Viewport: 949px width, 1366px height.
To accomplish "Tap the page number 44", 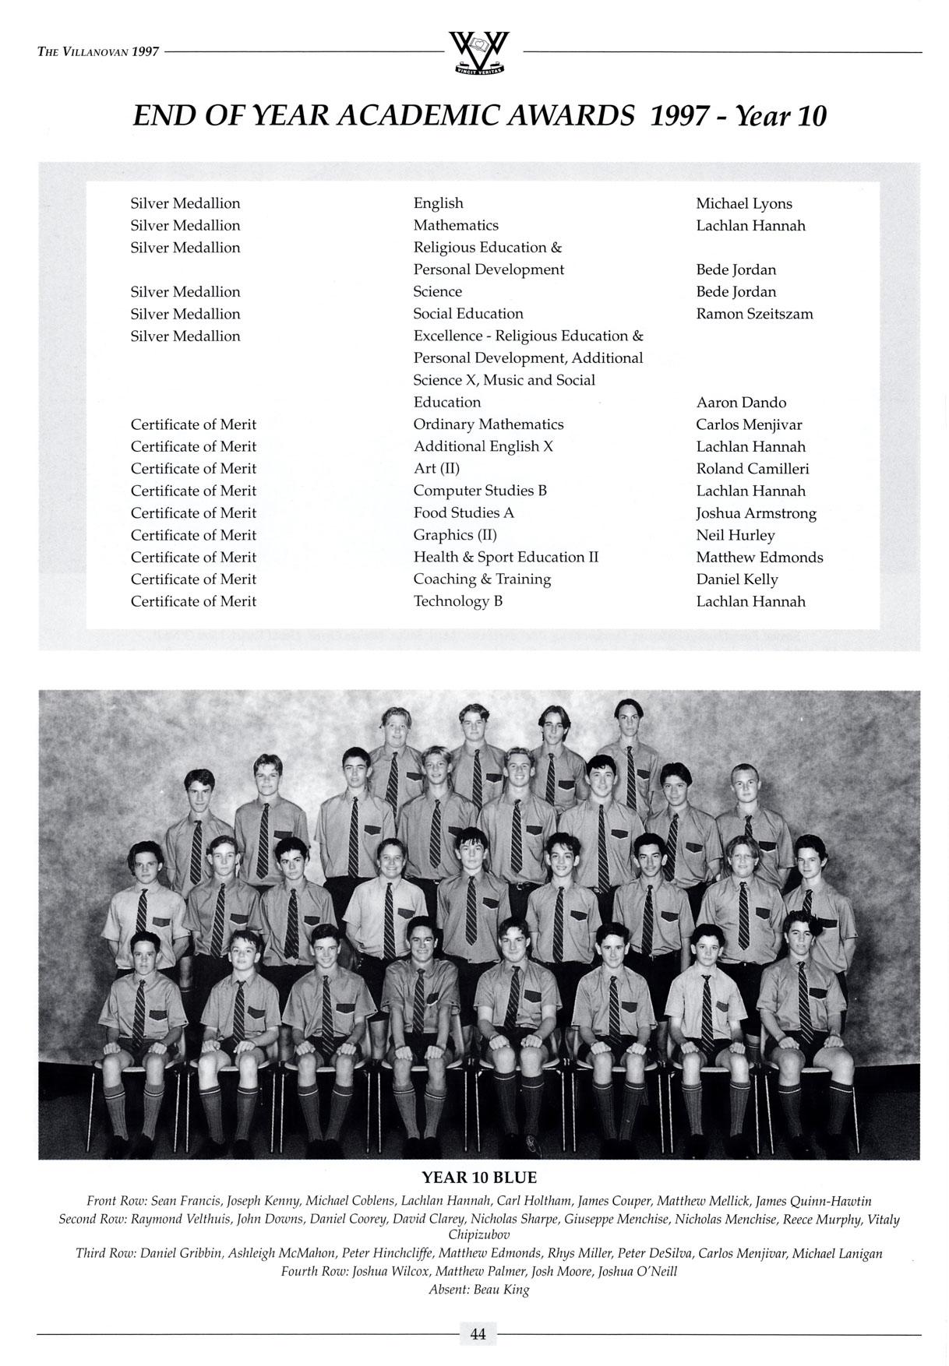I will (x=478, y=1334).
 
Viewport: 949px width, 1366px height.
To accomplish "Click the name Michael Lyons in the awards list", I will (x=743, y=204).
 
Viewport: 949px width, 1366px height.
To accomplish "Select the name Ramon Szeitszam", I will (x=754, y=315).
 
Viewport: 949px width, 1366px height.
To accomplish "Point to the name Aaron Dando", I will (x=741, y=403).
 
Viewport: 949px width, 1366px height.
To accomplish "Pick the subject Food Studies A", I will (x=464, y=513).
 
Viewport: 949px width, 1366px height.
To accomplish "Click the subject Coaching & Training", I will (x=482, y=579).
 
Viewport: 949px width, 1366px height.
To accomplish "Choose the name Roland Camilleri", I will (x=752, y=469).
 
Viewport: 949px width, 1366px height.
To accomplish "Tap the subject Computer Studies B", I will (x=480, y=491).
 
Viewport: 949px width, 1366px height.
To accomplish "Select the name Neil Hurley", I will (x=736, y=536).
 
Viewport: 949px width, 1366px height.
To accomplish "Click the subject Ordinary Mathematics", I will (x=488, y=425).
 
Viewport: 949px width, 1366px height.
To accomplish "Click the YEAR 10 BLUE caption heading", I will (x=479, y=1178).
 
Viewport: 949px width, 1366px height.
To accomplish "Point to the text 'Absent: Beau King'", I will (x=478, y=1290).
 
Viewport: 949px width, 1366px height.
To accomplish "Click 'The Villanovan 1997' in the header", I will (x=98, y=52).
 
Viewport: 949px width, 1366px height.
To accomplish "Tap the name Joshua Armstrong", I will (x=756, y=514).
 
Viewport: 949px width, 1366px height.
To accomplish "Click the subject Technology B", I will (x=457, y=602).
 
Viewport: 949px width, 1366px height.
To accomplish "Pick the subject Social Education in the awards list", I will (x=468, y=315).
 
